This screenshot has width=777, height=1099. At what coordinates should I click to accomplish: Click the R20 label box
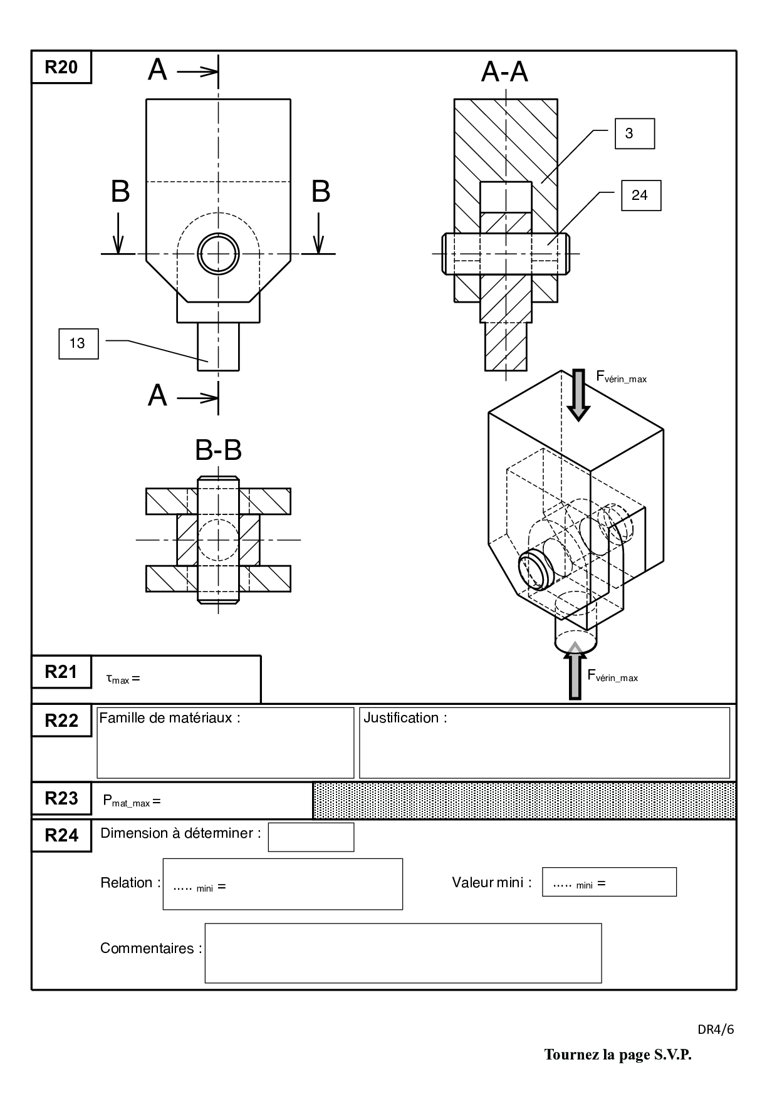click(x=61, y=67)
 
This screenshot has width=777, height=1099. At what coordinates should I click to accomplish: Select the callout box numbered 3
click(x=635, y=133)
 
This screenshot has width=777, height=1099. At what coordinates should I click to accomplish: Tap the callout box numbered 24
click(x=640, y=195)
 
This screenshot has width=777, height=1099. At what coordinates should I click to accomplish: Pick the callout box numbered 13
click(x=78, y=343)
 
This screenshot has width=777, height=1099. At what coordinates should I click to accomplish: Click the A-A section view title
click(x=504, y=72)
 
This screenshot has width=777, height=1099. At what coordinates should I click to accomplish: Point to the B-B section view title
click(x=219, y=450)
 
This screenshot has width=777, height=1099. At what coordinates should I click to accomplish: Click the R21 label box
click(x=61, y=672)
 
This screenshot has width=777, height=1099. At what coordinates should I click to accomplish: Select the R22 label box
click(x=61, y=721)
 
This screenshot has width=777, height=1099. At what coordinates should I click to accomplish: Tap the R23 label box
click(x=61, y=798)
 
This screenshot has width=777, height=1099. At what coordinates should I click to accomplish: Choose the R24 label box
click(x=61, y=836)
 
